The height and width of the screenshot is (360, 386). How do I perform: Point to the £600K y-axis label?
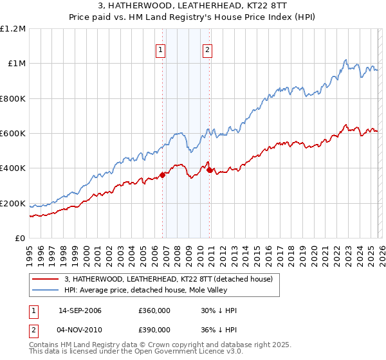[13, 134]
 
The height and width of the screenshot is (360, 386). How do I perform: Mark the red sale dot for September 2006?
[162, 174]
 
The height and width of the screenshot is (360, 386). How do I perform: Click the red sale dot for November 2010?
[210, 170]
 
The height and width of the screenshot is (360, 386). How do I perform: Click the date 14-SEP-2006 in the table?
[80, 310]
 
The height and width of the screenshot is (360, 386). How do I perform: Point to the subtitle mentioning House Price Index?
[193, 17]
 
